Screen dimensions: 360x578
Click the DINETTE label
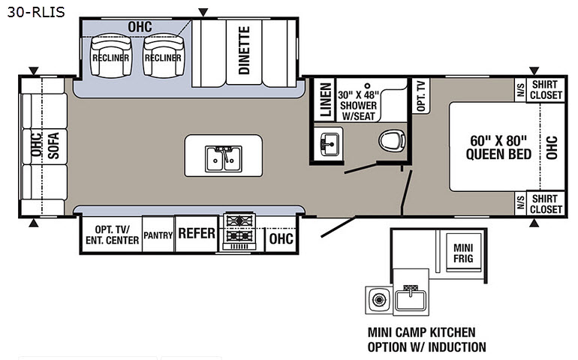tap(244, 50)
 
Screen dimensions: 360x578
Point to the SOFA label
tap(53, 146)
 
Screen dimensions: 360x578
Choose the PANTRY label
tap(158, 235)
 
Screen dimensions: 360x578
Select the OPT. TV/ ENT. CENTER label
tap(116, 235)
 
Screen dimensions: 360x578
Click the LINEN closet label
tap(325, 100)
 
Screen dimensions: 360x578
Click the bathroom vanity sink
tap(328, 142)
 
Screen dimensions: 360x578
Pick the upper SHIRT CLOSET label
tap(545, 90)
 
